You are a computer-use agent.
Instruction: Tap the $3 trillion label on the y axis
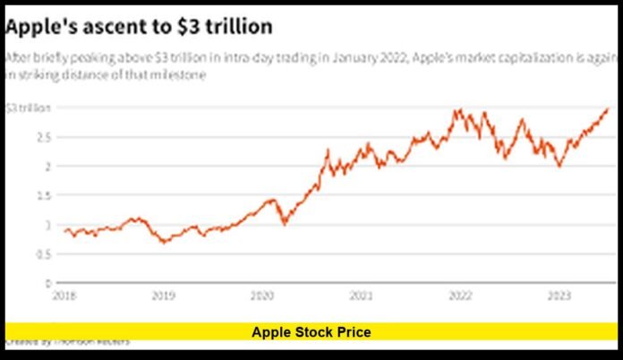coord(24,107)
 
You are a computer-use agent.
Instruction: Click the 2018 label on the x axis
coord(64,294)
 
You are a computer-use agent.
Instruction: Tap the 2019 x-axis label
coord(162,294)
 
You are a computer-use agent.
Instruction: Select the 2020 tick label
coord(260,294)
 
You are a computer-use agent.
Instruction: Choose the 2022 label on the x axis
coord(459,294)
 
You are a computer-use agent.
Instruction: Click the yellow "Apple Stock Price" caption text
coord(311,332)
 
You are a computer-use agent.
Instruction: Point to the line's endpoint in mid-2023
coord(608,109)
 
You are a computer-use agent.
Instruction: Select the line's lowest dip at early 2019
coord(162,243)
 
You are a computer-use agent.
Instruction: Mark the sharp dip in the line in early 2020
coord(285,223)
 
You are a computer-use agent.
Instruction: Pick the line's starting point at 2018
coord(64,230)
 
